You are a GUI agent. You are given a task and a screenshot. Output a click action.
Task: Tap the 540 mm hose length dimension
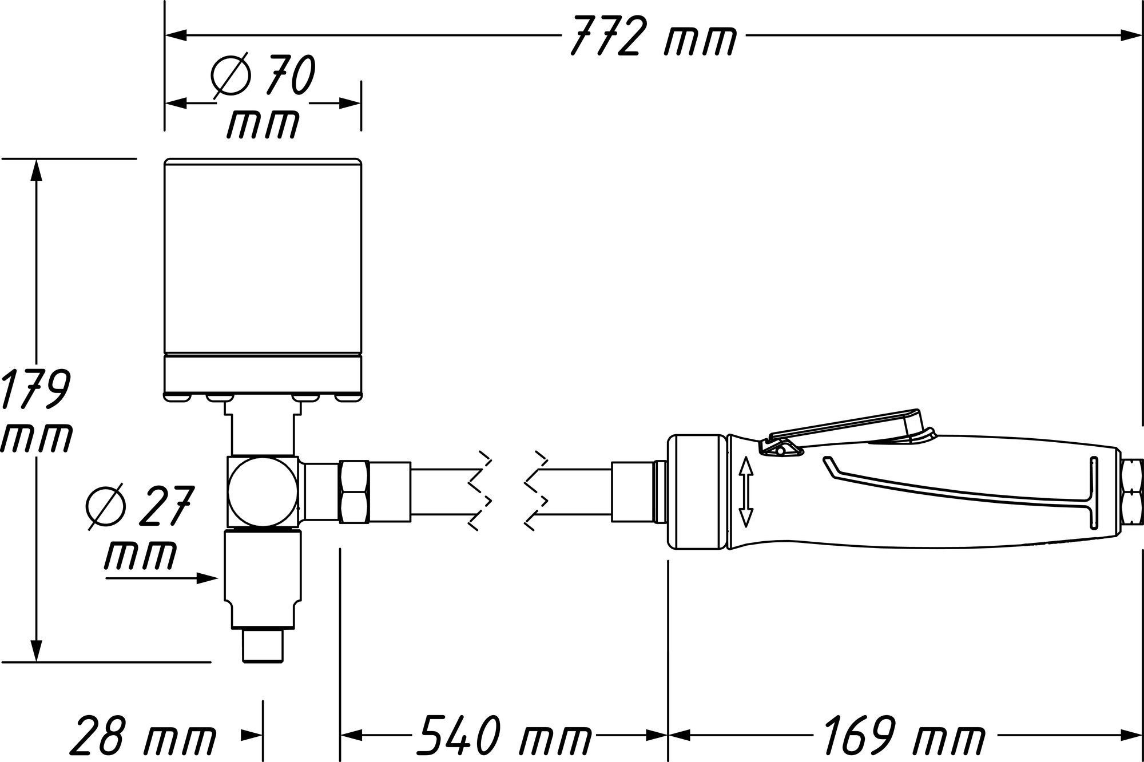pyautogui.click(x=503, y=733)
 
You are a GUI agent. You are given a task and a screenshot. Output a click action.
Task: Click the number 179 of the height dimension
pyautogui.click(x=35, y=389)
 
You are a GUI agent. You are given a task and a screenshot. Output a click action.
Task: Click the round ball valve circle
pyautogui.click(x=263, y=491)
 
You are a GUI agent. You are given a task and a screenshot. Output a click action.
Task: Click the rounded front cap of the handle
pyautogui.click(x=697, y=493)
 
